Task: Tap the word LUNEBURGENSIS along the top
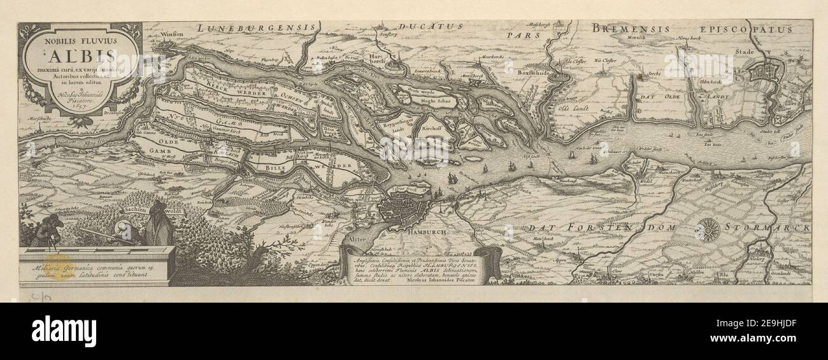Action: (x=256, y=27)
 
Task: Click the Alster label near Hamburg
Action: (x=358, y=238)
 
